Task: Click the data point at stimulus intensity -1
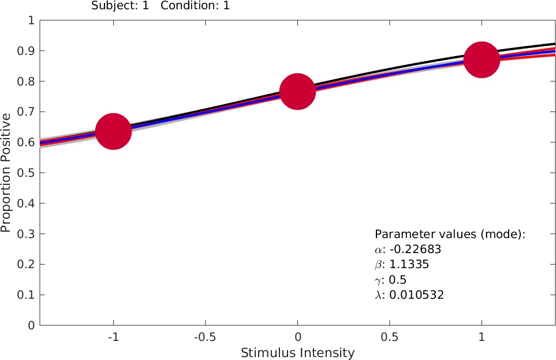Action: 113,131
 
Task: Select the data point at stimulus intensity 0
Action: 297,91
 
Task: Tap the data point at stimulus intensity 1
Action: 481,59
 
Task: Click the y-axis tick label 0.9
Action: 26,51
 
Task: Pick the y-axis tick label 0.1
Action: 26,295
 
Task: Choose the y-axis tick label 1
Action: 31,21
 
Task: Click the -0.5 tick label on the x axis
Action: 205,337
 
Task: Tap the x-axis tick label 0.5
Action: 389,337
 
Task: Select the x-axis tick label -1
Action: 113,337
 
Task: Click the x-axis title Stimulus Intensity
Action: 297,352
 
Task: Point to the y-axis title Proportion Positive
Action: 7,173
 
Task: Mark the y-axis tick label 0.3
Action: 26,233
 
